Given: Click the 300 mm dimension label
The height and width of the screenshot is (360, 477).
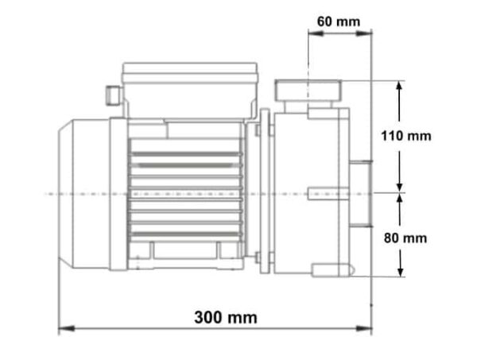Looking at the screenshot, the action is coord(226,317).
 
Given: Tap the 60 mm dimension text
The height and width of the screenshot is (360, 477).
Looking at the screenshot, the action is coord(339,21).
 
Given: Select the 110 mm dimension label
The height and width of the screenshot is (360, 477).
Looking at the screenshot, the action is coord(406,136).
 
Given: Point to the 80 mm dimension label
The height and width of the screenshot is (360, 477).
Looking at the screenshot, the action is coord(405,238).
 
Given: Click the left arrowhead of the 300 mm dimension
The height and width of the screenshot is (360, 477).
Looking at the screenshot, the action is coord(66,328).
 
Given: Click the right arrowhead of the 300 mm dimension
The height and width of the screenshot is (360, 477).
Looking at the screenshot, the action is coord(364,328).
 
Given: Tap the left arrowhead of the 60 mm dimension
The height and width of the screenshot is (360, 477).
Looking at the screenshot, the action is coord(316,33).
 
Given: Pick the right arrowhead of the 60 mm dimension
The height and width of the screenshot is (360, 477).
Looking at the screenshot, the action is coord(364,33).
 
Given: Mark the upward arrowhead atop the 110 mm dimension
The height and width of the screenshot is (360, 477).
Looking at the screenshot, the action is coord(399,89).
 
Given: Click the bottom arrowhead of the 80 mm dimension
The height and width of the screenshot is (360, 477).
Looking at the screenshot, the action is coord(401,269).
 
